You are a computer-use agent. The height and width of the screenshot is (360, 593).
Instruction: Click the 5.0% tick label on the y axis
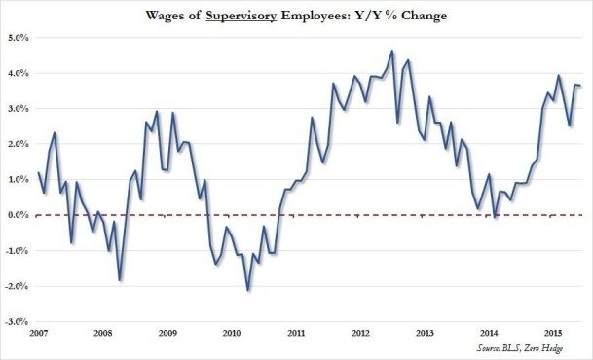click(19, 38)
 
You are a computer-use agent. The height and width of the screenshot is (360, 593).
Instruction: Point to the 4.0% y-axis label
click(19, 73)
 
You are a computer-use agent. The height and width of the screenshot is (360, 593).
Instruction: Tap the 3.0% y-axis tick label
click(19, 109)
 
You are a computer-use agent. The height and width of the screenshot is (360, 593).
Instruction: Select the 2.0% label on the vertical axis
click(19, 144)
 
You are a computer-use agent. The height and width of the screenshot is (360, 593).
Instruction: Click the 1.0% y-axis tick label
click(19, 179)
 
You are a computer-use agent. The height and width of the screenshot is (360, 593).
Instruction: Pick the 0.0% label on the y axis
click(19, 215)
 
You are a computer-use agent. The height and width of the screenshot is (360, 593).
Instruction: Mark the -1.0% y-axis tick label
click(18, 250)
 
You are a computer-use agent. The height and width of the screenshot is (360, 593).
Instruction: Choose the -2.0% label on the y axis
click(18, 285)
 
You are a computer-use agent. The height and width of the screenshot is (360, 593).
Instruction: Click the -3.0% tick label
click(18, 321)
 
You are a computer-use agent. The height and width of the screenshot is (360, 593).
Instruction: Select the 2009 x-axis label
click(167, 333)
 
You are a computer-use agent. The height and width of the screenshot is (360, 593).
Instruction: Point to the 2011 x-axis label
click(295, 333)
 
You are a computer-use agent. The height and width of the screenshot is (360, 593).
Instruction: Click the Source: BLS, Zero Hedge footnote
click(534, 347)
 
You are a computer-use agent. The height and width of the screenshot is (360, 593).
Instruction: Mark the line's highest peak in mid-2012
click(391, 51)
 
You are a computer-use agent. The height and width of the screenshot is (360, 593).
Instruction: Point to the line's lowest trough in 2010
click(248, 290)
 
